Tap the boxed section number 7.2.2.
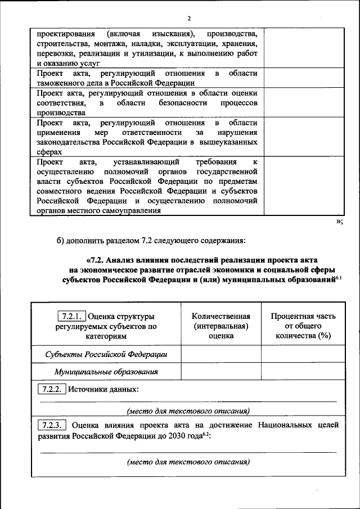(51, 389)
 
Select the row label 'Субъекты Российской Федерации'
(106, 354)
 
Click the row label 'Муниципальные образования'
(106, 372)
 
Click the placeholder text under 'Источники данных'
(188, 411)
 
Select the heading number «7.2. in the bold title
(96, 260)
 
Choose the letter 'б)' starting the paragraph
(61, 242)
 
